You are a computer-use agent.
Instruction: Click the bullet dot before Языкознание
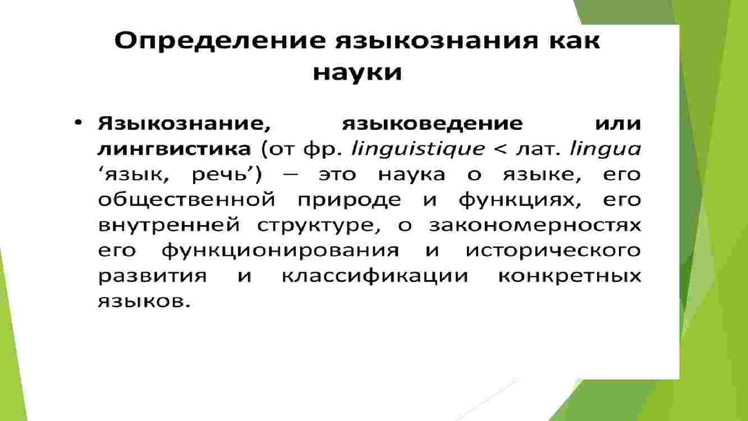78,123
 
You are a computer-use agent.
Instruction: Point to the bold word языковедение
433,124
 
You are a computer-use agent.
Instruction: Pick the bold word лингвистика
174,149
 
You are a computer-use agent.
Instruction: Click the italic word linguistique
418,149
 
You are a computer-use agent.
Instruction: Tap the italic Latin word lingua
605,149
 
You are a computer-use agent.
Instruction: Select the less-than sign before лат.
500,149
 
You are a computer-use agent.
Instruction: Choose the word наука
411,175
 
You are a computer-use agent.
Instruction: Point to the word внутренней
169,226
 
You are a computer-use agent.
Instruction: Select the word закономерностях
535,226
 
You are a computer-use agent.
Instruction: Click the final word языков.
144,302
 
